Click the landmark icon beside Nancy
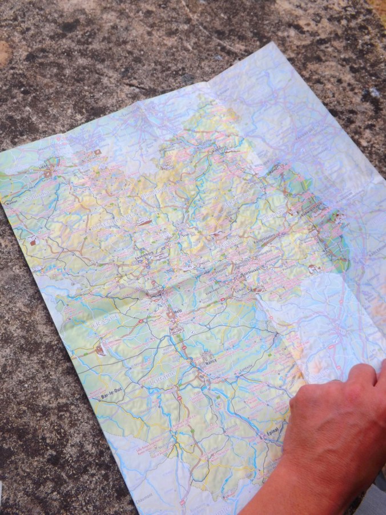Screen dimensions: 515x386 [x=203, y=354]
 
